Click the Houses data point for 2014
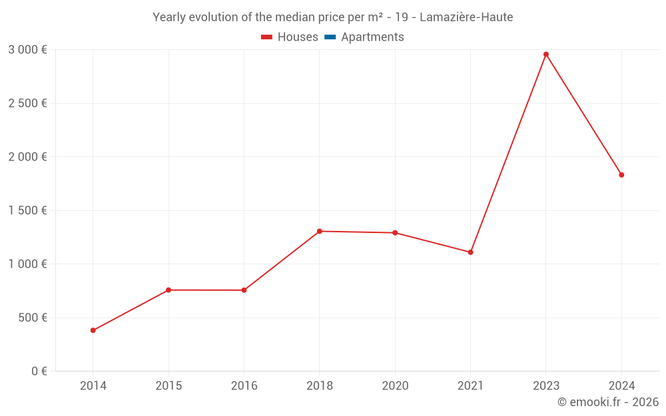point(93,330)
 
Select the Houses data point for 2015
point(168,290)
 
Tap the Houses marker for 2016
point(244,290)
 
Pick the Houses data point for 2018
point(320,231)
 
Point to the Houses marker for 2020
point(395,233)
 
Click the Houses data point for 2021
point(470,252)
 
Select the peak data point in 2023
point(546,54)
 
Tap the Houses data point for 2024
point(621,175)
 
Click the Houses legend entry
point(290,37)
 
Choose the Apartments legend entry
point(364,37)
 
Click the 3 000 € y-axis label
point(27,50)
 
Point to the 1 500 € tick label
point(27,210)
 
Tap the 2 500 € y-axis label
point(27,103)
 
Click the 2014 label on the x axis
point(93,386)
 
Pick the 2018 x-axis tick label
point(320,386)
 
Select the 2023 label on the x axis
point(546,386)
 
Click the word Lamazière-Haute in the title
point(466,17)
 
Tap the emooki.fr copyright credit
point(608,402)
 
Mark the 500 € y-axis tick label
point(32,317)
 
